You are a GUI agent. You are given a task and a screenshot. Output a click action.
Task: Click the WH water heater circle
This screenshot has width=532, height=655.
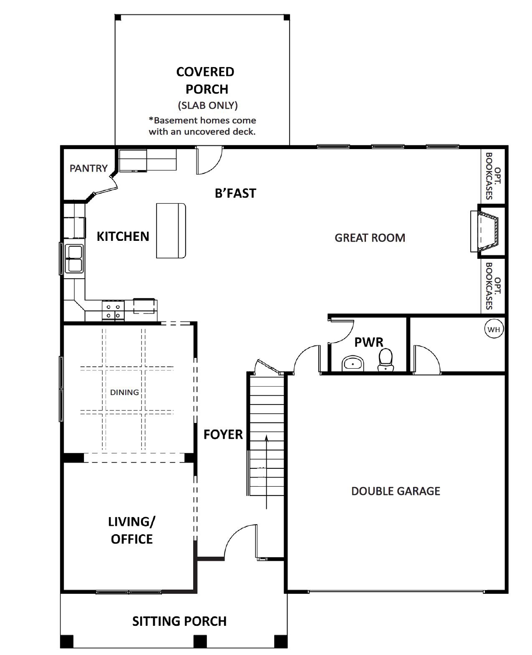494,329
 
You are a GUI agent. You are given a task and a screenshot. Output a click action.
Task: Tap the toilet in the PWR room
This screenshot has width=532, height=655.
385,360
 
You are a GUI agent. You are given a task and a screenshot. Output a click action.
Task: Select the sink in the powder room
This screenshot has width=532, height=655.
353,364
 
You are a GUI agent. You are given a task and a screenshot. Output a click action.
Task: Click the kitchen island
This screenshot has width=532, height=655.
171,230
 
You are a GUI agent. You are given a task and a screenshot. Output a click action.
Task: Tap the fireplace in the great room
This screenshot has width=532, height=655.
486,231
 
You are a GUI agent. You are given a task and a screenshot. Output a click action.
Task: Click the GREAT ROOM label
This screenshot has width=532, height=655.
370,238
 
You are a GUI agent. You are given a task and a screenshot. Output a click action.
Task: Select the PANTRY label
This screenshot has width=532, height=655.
88,168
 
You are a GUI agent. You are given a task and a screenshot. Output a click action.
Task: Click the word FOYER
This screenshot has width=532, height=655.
223,435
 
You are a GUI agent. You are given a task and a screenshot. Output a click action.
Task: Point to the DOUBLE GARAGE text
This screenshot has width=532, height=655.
396,491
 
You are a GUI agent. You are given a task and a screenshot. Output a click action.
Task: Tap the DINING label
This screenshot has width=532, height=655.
124,392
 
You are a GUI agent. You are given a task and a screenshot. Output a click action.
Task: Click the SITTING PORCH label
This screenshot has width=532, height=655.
179,621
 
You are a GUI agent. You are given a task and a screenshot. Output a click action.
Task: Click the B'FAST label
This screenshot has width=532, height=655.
235,193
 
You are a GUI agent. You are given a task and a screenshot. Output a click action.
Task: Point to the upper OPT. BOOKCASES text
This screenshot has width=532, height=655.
494,176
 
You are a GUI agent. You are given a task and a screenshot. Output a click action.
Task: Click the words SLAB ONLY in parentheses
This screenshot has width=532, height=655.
208,105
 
